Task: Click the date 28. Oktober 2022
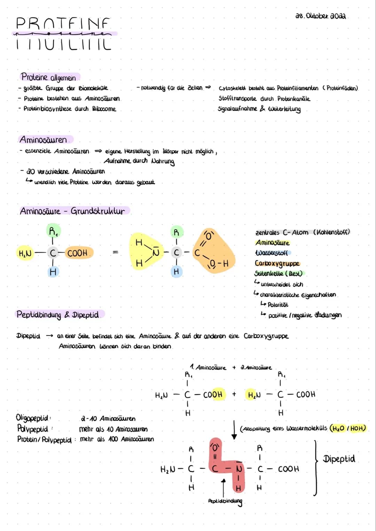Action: [x=320, y=16]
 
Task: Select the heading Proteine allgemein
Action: [x=48, y=77]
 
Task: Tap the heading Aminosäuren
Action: [x=44, y=140]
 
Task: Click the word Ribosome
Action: [x=104, y=109]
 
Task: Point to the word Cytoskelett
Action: [x=232, y=88]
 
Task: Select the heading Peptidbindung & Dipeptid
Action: [x=58, y=315]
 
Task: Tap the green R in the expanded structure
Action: [x=176, y=232]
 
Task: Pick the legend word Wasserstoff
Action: [x=272, y=253]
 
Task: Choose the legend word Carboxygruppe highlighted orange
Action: [x=277, y=263]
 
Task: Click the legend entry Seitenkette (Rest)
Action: [x=278, y=274]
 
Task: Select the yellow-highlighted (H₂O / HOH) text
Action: [x=348, y=428]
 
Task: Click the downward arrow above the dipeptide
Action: [x=234, y=430]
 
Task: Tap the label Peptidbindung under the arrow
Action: [x=225, y=501]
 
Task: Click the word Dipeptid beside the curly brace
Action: [x=339, y=459]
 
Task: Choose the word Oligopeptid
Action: [x=33, y=418]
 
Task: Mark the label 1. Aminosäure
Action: [x=208, y=367]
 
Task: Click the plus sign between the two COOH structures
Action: [x=234, y=394]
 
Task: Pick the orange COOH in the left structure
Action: [x=77, y=253]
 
